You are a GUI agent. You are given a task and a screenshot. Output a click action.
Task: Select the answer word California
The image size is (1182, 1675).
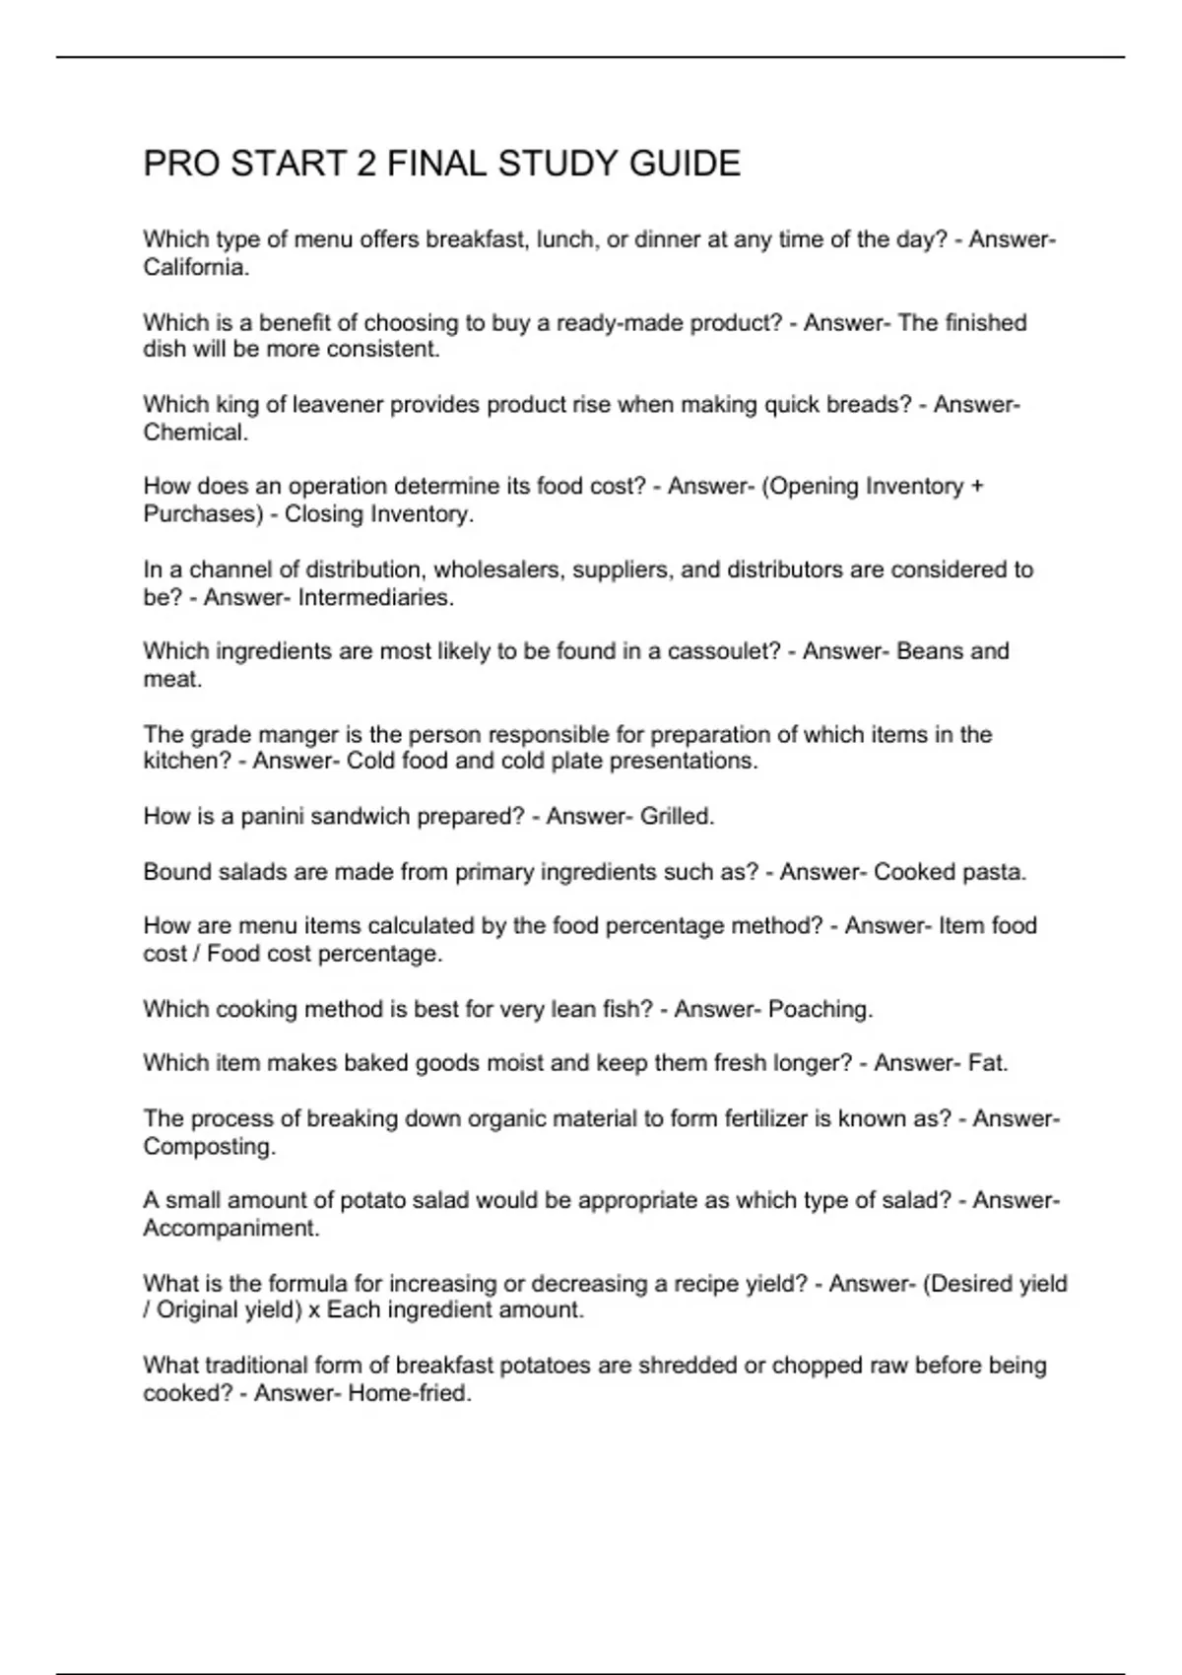196,267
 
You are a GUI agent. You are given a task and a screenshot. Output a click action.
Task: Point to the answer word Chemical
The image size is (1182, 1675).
195,432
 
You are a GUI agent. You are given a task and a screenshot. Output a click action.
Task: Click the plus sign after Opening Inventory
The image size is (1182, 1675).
976,487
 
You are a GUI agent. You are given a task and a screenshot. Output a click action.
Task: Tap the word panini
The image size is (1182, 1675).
273,817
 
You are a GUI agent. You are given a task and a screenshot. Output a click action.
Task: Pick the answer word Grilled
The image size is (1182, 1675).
677,817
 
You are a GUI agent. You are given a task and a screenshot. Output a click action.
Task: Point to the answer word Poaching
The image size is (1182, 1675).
820,1010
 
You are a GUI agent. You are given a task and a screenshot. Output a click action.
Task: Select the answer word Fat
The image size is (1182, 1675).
988,1063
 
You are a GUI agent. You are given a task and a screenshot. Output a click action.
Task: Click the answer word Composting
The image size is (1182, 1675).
209,1147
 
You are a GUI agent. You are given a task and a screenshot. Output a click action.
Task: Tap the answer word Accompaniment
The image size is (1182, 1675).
230,1229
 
